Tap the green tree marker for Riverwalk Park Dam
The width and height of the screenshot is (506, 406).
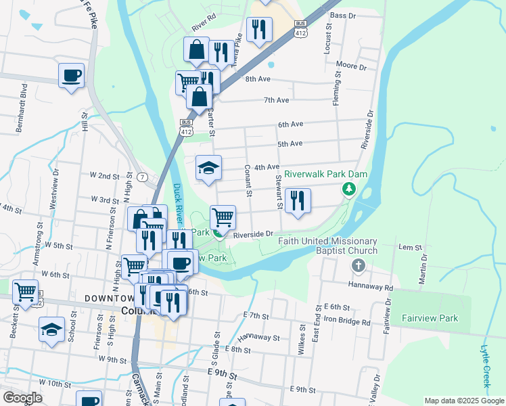coord(349,189)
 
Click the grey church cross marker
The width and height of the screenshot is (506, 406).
coord(359,266)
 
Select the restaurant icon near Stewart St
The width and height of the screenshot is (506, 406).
coord(298,201)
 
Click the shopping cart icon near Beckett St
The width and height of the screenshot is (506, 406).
coord(26,292)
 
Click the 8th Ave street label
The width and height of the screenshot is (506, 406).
coord(258,79)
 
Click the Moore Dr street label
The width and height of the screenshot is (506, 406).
coord(350,67)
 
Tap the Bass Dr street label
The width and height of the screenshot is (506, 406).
coord(343,15)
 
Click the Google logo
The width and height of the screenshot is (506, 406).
coord(22,398)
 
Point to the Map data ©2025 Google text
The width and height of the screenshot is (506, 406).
coord(463,401)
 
